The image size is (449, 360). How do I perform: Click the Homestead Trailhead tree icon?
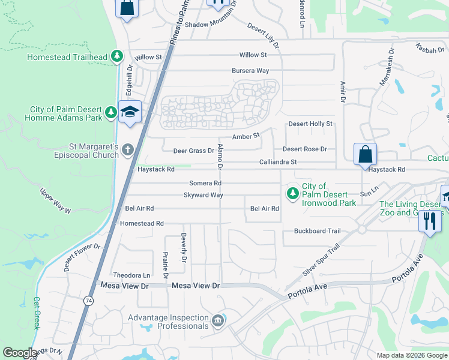(117, 57)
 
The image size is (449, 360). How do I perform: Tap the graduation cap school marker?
(129, 112)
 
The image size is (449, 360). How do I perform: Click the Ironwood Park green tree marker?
(292, 193)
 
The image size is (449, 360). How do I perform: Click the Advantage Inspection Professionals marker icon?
(217, 321)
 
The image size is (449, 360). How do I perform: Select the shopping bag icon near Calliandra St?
(365, 155)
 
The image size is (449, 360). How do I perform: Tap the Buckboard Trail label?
(317, 231)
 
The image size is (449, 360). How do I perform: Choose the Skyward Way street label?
(203, 195)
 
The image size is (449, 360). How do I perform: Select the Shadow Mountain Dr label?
(211, 25)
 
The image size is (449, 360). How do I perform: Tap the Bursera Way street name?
(250, 70)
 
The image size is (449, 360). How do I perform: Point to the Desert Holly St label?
(310, 124)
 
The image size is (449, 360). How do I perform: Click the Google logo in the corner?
(20, 353)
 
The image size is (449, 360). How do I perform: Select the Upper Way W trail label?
(55, 202)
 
